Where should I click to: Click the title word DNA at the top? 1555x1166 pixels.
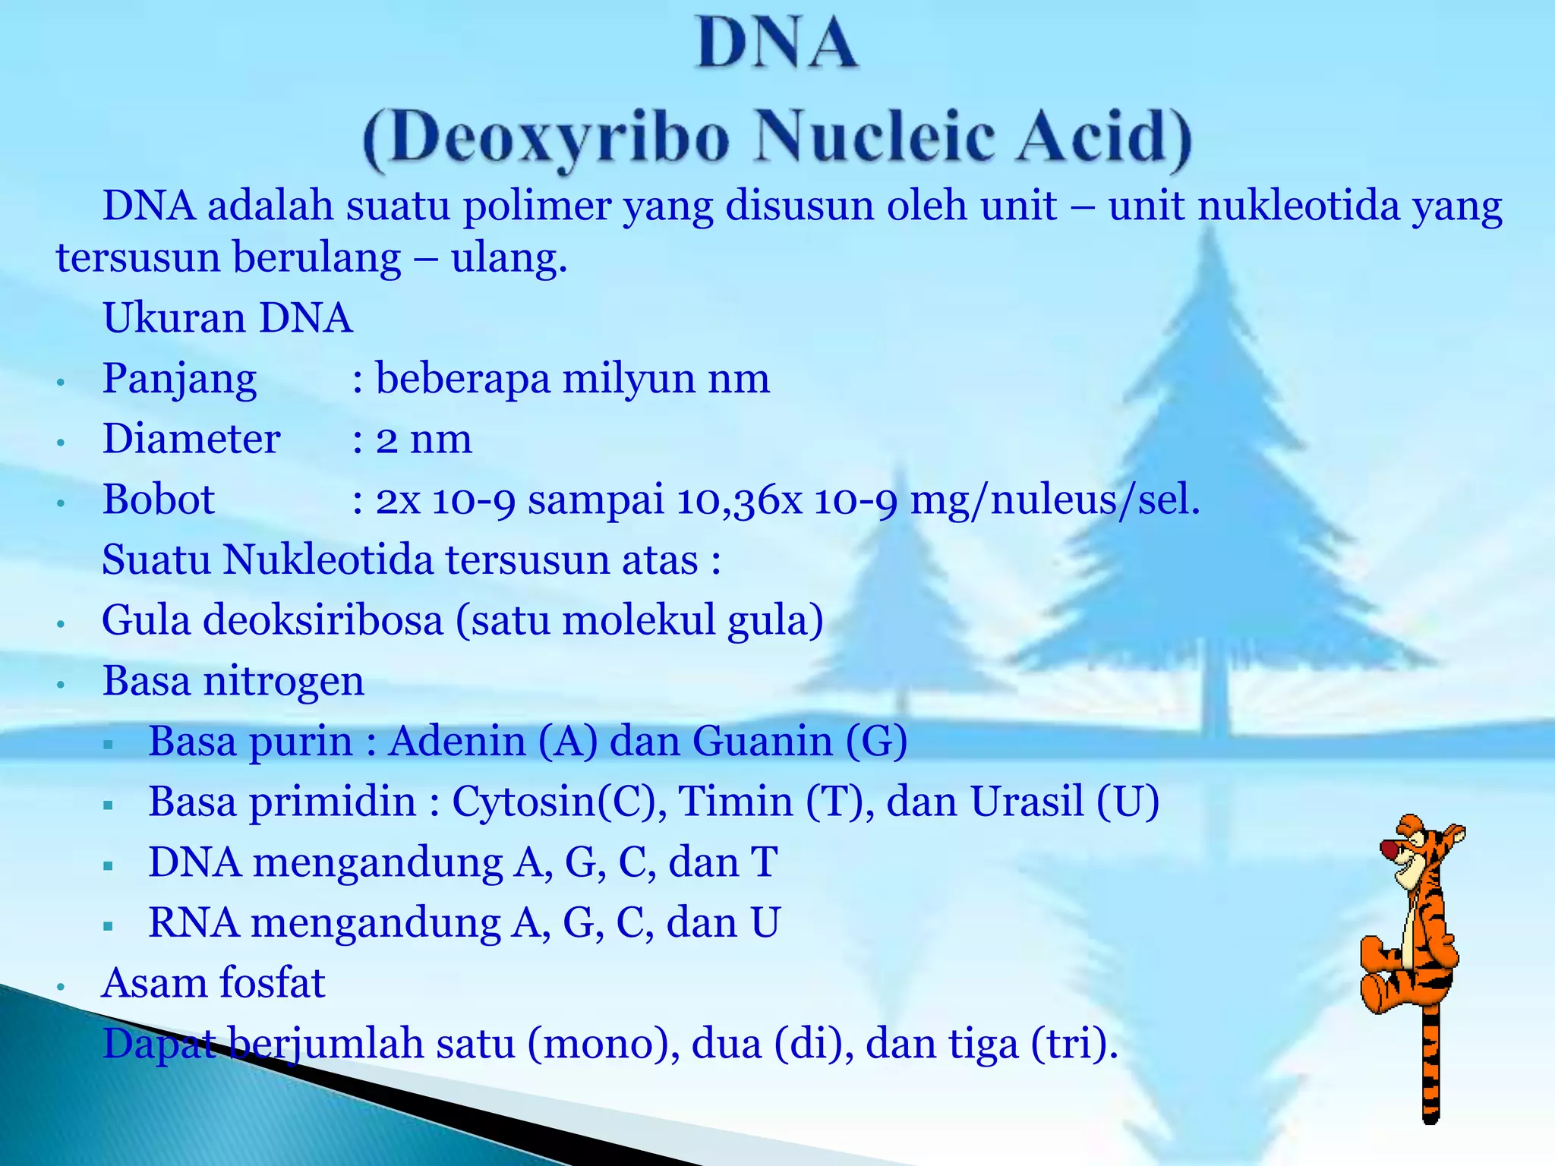[777, 44]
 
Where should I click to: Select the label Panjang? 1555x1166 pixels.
[179, 379]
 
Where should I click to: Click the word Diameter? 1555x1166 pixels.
[191, 439]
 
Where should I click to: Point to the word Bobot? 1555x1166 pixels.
[159, 499]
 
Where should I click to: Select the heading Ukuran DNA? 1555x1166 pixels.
[228, 317]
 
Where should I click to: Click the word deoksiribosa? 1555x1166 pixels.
[323, 620]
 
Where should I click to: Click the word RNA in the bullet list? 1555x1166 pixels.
[193, 922]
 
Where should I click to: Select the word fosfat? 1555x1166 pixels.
[272, 983]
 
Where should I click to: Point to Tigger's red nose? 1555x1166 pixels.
[1389, 847]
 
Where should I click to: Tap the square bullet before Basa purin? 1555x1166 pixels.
[109, 745]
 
